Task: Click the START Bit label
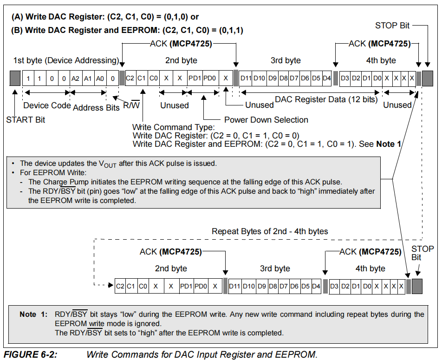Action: point(26,120)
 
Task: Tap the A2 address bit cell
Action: point(75,78)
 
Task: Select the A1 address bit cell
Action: point(87,78)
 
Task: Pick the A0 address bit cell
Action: point(99,78)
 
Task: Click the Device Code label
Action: point(47,105)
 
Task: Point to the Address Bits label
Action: point(96,107)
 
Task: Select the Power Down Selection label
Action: point(266,120)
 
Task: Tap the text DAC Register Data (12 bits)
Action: point(326,99)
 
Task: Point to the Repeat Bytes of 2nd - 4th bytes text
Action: point(270,231)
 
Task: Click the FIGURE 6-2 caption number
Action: point(31,354)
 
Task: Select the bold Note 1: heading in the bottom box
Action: point(33,314)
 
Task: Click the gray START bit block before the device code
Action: point(15,78)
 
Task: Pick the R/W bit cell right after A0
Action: point(113,78)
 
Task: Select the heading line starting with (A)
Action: point(104,17)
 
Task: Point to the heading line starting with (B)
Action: point(127,31)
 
